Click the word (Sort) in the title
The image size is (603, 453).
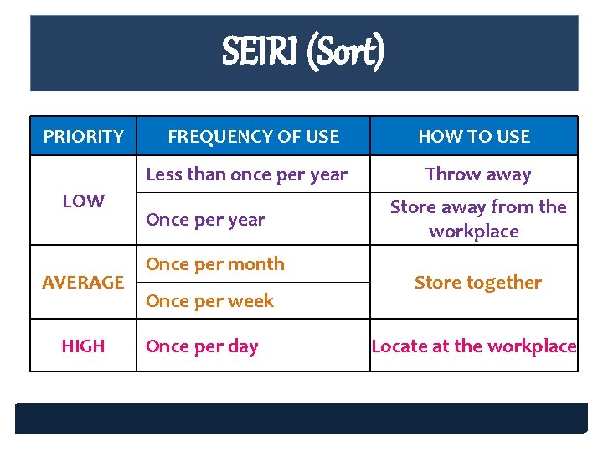point(346,52)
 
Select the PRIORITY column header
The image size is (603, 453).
point(83,136)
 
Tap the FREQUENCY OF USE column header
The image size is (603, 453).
point(253,136)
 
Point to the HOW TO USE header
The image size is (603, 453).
point(474,136)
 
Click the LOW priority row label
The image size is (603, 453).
point(83,200)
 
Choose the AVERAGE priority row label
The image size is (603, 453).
point(83,283)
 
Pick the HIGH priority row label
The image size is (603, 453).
point(83,346)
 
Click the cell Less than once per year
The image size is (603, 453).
point(246,174)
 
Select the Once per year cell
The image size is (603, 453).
point(205,220)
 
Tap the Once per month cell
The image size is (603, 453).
point(215,263)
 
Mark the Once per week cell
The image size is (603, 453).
point(209,300)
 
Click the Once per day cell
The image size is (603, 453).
point(202,346)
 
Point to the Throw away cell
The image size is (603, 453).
point(477,174)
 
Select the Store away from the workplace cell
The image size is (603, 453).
point(477,219)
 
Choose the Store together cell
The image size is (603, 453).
point(477,283)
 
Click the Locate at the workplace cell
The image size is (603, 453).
point(474,346)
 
